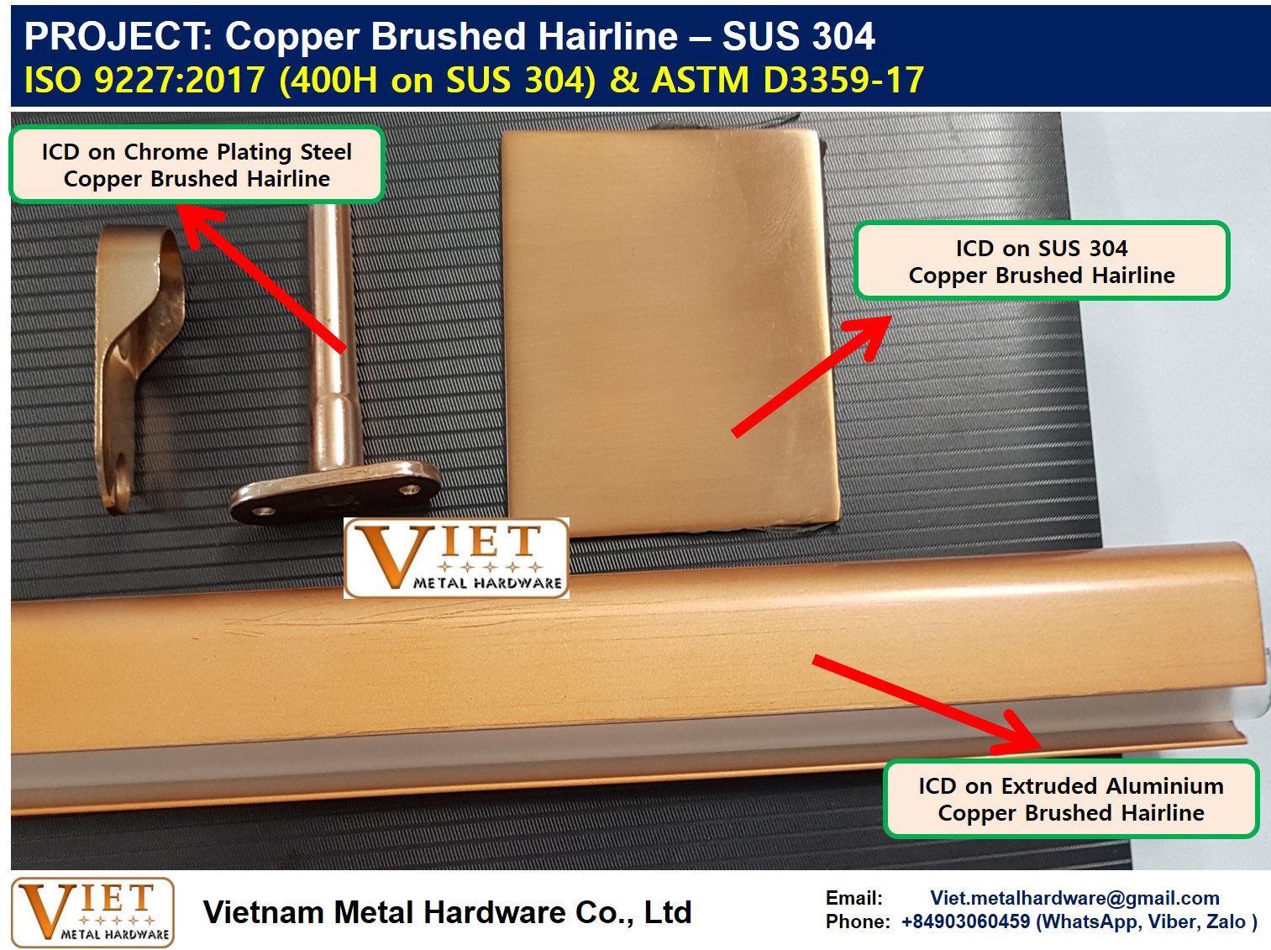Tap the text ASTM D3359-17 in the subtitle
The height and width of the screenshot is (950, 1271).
tap(787, 79)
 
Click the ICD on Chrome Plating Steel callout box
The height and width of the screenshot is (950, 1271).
tap(197, 165)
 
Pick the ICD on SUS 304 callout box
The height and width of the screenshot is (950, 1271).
tap(1042, 261)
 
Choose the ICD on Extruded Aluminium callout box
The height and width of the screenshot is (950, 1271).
tap(1071, 799)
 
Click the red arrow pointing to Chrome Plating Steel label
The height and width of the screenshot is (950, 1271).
tap(261, 278)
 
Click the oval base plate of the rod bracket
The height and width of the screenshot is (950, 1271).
tap(335, 491)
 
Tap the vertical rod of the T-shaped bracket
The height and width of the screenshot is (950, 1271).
tap(333, 336)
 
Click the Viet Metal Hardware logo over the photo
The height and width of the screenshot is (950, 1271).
tap(456, 558)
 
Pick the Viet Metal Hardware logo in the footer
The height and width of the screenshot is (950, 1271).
tap(92, 912)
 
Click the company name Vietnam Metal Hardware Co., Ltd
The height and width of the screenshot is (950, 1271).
tap(447, 912)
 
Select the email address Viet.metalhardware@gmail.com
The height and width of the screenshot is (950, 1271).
tap(1074, 898)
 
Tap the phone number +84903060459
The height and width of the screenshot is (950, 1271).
tap(966, 921)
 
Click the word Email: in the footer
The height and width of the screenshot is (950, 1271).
tap(854, 898)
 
